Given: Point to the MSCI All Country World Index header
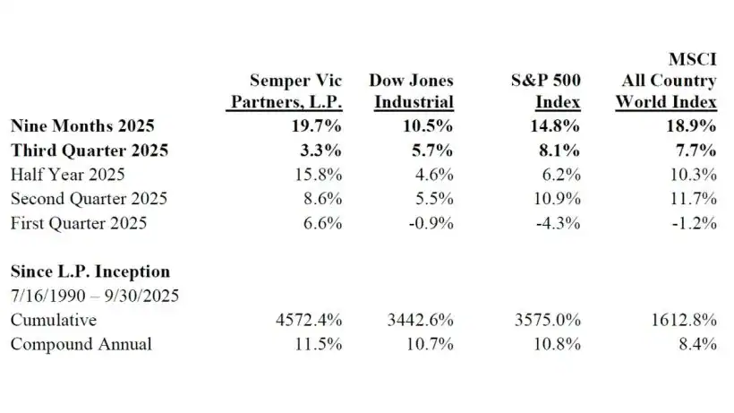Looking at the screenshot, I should (x=666, y=81).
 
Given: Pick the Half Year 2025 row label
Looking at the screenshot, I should (x=67, y=174).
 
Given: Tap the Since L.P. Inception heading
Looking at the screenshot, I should (x=90, y=271).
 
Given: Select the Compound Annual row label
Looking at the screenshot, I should (x=81, y=344).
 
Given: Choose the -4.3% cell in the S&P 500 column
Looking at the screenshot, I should (x=558, y=223).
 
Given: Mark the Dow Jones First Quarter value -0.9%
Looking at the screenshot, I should (x=431, y=223).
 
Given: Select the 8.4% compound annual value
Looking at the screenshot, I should (x=698, y=344).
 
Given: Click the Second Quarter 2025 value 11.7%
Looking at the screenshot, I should (x=694, y=198).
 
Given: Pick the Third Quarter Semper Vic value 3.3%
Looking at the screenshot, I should (x=324, y=149).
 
